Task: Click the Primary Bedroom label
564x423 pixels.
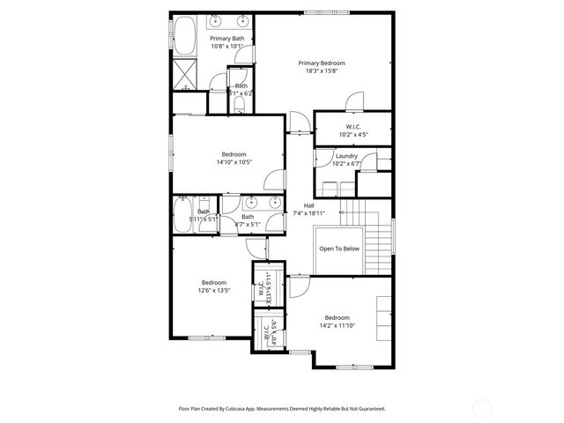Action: (321, 63)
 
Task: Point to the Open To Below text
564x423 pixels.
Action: (339, 249)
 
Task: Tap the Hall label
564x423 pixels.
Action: (309, 205)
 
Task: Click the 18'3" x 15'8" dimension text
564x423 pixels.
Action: (321, 71)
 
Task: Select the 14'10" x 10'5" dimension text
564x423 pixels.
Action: (234, 162)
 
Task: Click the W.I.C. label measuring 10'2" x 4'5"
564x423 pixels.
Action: (353, 127)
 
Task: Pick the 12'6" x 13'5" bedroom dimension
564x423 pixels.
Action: (214, 290)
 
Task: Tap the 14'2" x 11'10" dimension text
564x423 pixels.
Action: (337, 326)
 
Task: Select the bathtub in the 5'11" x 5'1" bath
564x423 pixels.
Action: (186, 214)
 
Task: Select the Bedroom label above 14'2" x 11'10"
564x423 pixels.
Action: (337, 317)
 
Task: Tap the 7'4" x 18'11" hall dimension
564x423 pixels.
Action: (309, 213)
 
